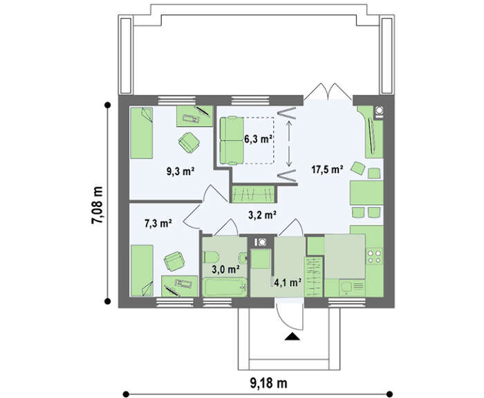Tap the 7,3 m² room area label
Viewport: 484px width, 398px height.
click(158, 223)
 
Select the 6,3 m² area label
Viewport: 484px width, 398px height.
click(258, 139)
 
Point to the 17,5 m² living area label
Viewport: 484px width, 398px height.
click(328, 170)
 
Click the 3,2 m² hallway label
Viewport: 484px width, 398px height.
click(262, 215)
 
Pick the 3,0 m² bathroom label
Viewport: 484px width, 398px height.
click(226, 269)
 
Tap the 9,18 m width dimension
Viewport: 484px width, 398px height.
click(268, 383)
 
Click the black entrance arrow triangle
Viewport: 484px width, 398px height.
click(292, 337)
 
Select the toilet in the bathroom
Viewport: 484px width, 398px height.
click(211, 257)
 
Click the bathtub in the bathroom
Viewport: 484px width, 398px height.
click(225, 287)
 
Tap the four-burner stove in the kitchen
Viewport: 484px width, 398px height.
click(374, 257)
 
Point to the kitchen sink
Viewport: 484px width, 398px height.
click(351, 287)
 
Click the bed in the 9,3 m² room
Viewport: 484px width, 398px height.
click(141, 133)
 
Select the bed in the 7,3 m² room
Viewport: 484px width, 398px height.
click(142, 271)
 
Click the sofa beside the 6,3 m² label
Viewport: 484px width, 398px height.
click(232, 141)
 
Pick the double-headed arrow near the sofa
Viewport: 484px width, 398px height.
click(289, 144)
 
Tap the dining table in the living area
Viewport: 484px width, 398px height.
click(366, 193)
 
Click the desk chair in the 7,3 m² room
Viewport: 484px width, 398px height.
click(174, 262)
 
